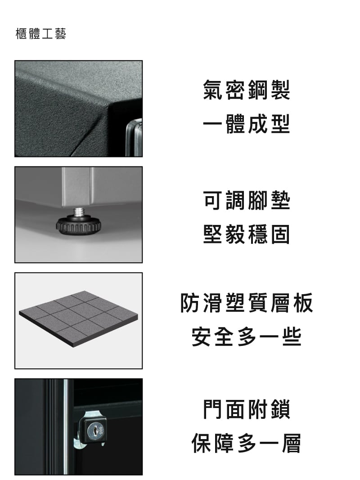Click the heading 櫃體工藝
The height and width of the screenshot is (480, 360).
(40, 34)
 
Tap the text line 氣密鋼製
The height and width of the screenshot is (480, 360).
(246, 90)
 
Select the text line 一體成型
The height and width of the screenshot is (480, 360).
(246, 124)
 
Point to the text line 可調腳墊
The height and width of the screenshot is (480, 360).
(246, 201)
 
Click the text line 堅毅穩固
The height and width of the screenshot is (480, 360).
(246, 234)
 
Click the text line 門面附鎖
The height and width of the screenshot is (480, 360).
(246, 409)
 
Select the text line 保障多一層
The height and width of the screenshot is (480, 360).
(246, 443)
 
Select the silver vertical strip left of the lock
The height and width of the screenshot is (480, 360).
(65, 425)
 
